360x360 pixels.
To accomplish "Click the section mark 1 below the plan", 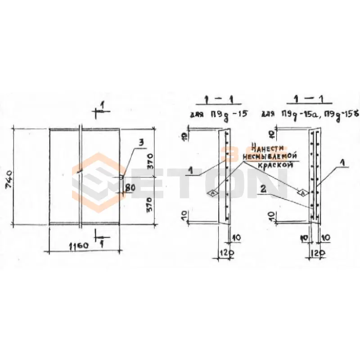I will tap(103, 243).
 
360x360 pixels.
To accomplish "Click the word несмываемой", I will tap(270, 156).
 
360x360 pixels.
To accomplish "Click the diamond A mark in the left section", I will tap(211, 193).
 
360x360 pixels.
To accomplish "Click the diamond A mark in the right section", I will tap(302, 193).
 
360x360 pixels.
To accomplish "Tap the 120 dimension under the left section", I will tap(226, 253).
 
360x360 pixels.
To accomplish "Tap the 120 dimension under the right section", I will tap(317, 253).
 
